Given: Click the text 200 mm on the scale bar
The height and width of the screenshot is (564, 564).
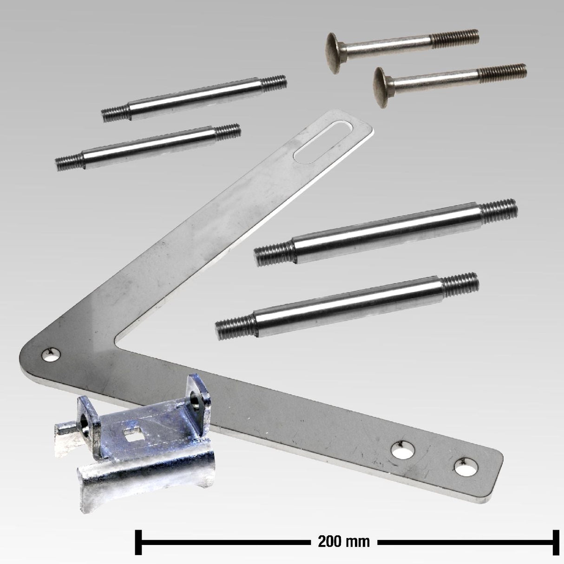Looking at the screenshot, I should (x=344, y=542).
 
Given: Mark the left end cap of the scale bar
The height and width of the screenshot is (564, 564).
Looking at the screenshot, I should (x=138, y=542).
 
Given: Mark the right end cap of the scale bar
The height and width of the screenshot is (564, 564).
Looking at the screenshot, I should (x=556, y=542).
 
